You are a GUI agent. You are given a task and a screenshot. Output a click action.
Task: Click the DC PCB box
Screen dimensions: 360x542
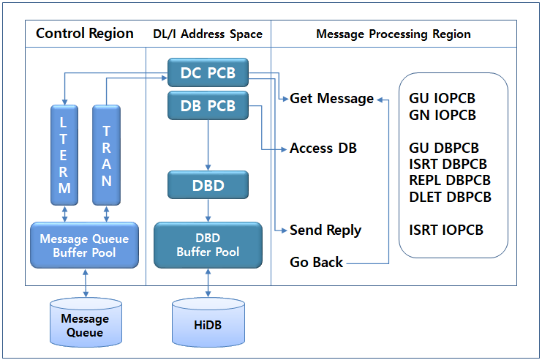[208, 72]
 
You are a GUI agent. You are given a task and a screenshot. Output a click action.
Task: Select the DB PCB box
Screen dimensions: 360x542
[208, 106]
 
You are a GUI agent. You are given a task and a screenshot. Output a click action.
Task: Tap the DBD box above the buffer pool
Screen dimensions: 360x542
[208, 185]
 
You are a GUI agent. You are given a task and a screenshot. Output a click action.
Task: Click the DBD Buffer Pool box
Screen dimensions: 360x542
[208, 245]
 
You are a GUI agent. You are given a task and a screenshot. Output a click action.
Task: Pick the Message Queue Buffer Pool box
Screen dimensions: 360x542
[84, 245]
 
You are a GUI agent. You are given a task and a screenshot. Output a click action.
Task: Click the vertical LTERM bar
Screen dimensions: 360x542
[64, 154]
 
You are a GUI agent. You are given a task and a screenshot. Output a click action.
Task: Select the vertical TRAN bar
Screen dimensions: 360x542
[106, 154]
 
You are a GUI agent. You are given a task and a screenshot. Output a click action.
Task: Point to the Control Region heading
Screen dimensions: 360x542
[85, 34]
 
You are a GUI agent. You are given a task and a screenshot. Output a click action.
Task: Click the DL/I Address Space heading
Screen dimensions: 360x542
[207, 34]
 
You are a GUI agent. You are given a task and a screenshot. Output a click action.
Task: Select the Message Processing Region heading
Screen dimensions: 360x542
[393, 34]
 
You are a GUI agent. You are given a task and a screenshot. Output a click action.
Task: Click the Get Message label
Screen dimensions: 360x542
[331, 98]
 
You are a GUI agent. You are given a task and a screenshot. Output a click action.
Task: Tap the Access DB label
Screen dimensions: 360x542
[323, 148]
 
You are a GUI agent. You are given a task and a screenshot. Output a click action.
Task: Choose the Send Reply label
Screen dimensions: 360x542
[325, 230]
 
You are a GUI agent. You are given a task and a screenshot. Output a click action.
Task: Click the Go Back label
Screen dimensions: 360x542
[316, 262]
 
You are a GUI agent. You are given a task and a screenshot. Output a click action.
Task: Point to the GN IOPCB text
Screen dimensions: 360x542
[443, 115]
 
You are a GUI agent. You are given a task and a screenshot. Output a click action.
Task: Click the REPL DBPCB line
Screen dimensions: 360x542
[449, 181]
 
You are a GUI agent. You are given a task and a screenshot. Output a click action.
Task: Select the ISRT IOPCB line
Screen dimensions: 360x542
[446, 230]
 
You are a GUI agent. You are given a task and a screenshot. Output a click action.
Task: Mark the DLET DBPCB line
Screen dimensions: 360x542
[450, 197]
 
